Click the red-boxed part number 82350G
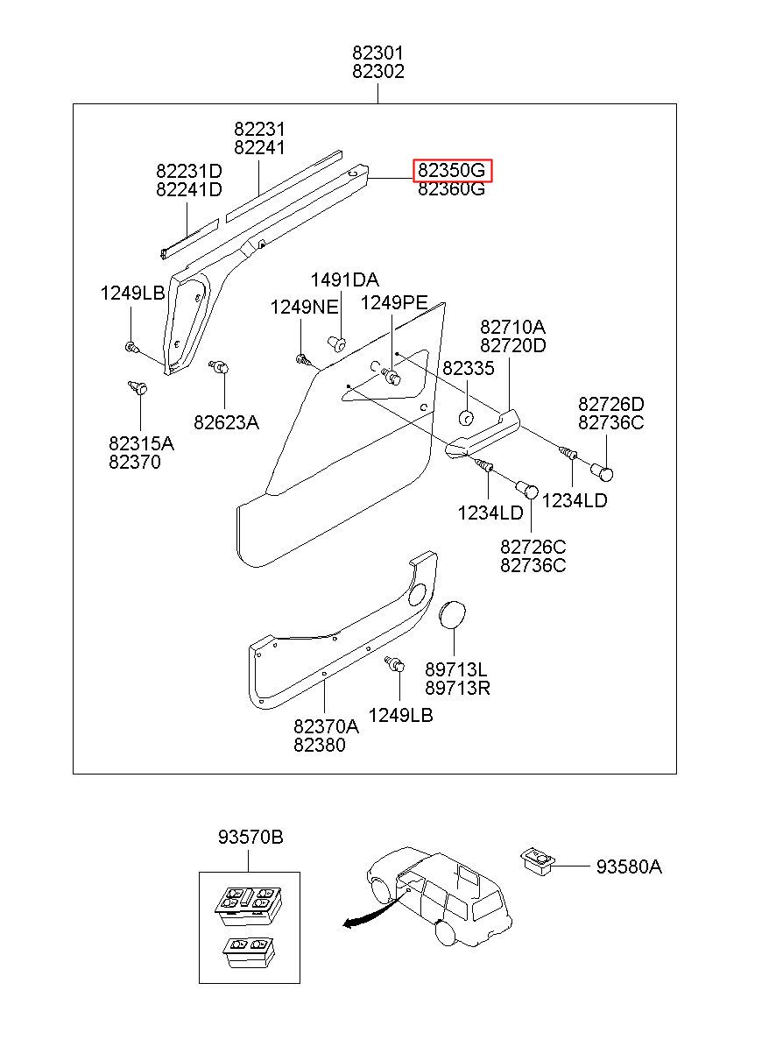tap(453, 170)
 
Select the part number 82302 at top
tap(378, 73)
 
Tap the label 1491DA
tap(345, 280)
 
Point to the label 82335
tap(469, 369)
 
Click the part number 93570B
tap(250, 838)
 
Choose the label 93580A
tap(629, 867)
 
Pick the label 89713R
tap(457, 689)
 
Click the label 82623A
tap(226, 422)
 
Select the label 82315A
tap(141, 443)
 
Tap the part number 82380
tap(319, 746)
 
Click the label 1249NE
tap(303, 308)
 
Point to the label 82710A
tap(512, 327)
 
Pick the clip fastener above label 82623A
tap(219, 369)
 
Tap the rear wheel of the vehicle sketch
tap(446, 932)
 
